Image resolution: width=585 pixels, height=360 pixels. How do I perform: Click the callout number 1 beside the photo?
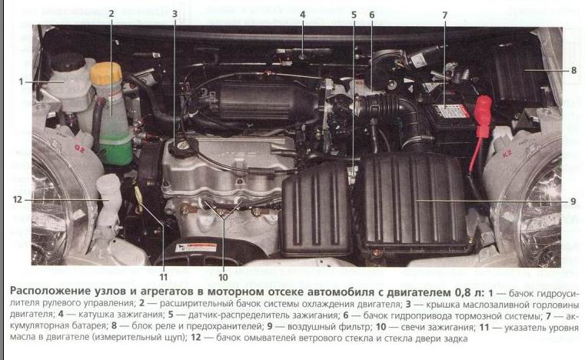pos(21,82)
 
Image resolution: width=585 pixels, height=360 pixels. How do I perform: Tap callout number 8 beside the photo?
pos(573,70)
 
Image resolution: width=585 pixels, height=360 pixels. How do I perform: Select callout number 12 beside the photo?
pos(18,199)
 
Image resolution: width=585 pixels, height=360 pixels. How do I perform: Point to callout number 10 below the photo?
pos(223,277)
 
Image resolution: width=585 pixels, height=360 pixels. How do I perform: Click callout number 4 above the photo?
pos(303,15)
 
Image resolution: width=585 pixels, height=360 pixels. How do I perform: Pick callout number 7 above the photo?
pos(445,15)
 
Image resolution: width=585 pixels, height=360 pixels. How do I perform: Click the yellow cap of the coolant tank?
pos(106,74)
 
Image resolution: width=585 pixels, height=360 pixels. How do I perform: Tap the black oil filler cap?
pos(183,147)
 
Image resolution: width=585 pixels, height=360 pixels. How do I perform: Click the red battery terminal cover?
pos(484,115)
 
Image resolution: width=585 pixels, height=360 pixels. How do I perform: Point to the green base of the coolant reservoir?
pos(116,148)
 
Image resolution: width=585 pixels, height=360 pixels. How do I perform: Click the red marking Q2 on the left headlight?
pos(80,149)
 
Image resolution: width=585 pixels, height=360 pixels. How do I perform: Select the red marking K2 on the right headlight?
pos(507,153)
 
